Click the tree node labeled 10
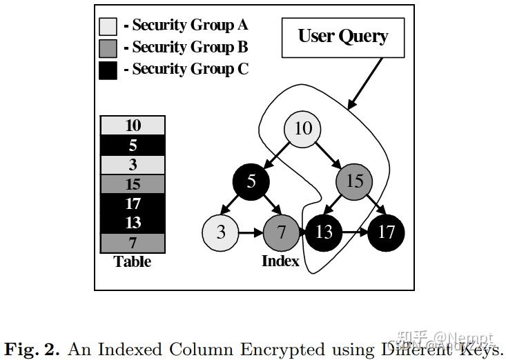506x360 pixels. (304, 129)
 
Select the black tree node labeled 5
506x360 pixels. (251, 181)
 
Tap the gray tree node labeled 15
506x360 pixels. (355, 181)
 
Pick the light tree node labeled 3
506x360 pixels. (221, 232)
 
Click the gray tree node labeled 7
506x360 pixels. (282, 232)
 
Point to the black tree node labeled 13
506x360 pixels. (323, 232)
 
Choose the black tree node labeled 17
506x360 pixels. (386, 232)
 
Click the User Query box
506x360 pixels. (342, 37)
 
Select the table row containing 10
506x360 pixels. (133, 126)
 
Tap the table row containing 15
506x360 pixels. (133, 184)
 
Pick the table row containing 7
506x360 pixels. (133, 243)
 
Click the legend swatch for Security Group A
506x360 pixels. (108, 26)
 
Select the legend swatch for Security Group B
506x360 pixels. (108, 48)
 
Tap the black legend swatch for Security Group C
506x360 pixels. (108, 70)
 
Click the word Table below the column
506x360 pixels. (133, 262)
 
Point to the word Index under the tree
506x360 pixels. (280, 261)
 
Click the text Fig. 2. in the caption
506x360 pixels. (32, 348)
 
